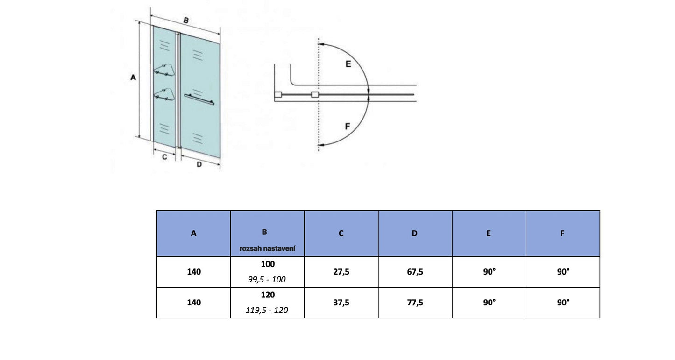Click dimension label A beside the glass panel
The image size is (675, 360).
click(x=133, y=78)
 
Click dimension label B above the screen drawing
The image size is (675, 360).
click(x=185, y=21)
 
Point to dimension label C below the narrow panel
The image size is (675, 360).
click(x=164, y=157)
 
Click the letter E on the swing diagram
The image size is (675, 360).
click(x=348, y=64)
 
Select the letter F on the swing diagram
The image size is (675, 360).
click(x=348, y=126)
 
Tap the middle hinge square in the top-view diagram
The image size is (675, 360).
click(x=315, y=95)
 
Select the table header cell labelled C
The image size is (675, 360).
click(x=341, y=233)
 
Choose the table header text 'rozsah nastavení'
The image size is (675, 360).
click(x=267, y=248)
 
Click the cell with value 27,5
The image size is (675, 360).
click(x=341, y=272)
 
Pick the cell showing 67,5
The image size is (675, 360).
click(x=415, y=272)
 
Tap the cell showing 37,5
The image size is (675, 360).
click(x=341, y=303)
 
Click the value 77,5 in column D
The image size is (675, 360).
click(x=415, y=303)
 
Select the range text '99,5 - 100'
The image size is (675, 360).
click(x=267, y=279)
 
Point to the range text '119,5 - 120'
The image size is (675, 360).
click(x=267, y=310)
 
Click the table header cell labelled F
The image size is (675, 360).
click(x=562, y=233)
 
